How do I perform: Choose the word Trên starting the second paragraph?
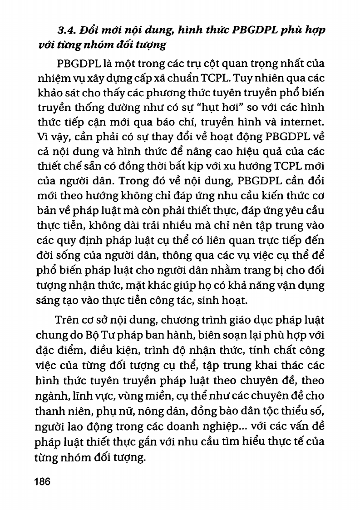tap(67, 321)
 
